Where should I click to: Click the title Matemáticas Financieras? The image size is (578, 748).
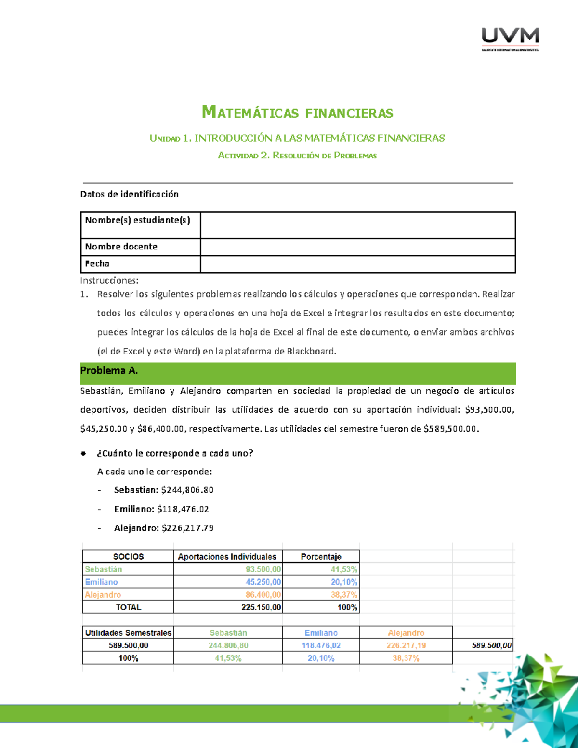[297, 113]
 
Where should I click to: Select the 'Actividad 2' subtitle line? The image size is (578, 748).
[297, 156]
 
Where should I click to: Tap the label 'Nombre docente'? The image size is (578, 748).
[121, 247]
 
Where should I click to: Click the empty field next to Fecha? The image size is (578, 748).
[357, 264]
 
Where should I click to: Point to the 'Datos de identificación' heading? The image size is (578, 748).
[129, 194]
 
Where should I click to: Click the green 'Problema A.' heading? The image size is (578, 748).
[109, 371]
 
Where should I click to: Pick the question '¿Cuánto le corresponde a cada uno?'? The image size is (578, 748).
[175, 453]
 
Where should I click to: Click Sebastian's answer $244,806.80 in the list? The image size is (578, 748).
[187, 490]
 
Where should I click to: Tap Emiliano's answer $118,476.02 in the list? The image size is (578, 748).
[183, 509]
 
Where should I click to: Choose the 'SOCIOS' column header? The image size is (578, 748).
[128, 556]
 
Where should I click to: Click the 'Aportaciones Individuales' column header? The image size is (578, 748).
[227, 556]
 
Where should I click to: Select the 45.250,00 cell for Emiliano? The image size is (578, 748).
[263, 582]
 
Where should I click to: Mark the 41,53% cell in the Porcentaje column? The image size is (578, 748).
[343, 569]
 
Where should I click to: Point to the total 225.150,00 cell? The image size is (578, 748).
[261, 607]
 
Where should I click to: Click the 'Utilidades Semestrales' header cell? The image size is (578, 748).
[128, 633]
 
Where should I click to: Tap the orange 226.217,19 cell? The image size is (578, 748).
[406, 645]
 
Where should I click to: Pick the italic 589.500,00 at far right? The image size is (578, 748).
[492, 645]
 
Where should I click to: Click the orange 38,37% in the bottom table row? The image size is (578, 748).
[406, 658]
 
